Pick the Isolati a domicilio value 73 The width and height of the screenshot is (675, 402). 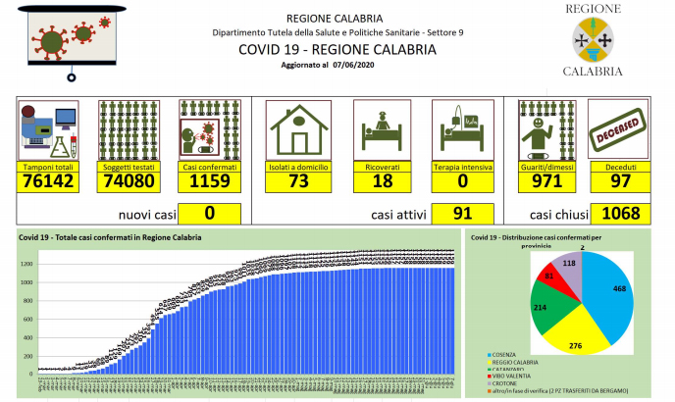[x=298, y=181]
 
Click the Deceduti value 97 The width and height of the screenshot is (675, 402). [x=616, y=181]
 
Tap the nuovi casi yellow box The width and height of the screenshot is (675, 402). [x=210, y=213]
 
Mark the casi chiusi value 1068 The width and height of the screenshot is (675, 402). [x=618, y=213]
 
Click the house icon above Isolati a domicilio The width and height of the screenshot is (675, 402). [x=298, y=126]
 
